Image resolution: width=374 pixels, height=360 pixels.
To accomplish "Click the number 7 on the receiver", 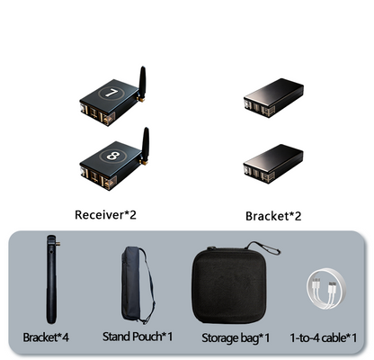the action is click(111, 94).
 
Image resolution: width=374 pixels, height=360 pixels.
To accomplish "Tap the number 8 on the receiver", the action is click(113, 156).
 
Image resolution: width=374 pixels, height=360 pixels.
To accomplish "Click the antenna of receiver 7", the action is click(142, 83).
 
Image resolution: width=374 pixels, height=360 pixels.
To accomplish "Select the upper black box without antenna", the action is click(273, 97).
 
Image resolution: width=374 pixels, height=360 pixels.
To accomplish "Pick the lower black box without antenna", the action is click(273, 164).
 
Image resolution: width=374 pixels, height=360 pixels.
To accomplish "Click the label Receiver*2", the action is click(105, 215).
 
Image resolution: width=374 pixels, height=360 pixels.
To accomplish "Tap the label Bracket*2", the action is click(273, 216).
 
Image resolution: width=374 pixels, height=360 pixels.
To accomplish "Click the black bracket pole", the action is click(51, 279).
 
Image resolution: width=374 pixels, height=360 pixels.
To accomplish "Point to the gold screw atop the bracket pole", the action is click(58, 244).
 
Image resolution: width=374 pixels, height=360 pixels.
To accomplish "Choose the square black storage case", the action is click(229, 286).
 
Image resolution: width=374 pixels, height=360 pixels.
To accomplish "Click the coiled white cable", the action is click(326, 289).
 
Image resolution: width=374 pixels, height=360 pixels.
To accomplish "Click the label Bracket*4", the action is click(46, 337).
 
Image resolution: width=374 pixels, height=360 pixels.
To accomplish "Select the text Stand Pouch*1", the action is click(138, 337).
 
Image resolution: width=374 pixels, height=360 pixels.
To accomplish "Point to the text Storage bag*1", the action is click(236, 338).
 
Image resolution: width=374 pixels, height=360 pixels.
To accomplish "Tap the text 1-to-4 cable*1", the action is click(324, 338).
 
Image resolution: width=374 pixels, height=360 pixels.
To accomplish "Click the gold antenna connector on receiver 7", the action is click(140, 99).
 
